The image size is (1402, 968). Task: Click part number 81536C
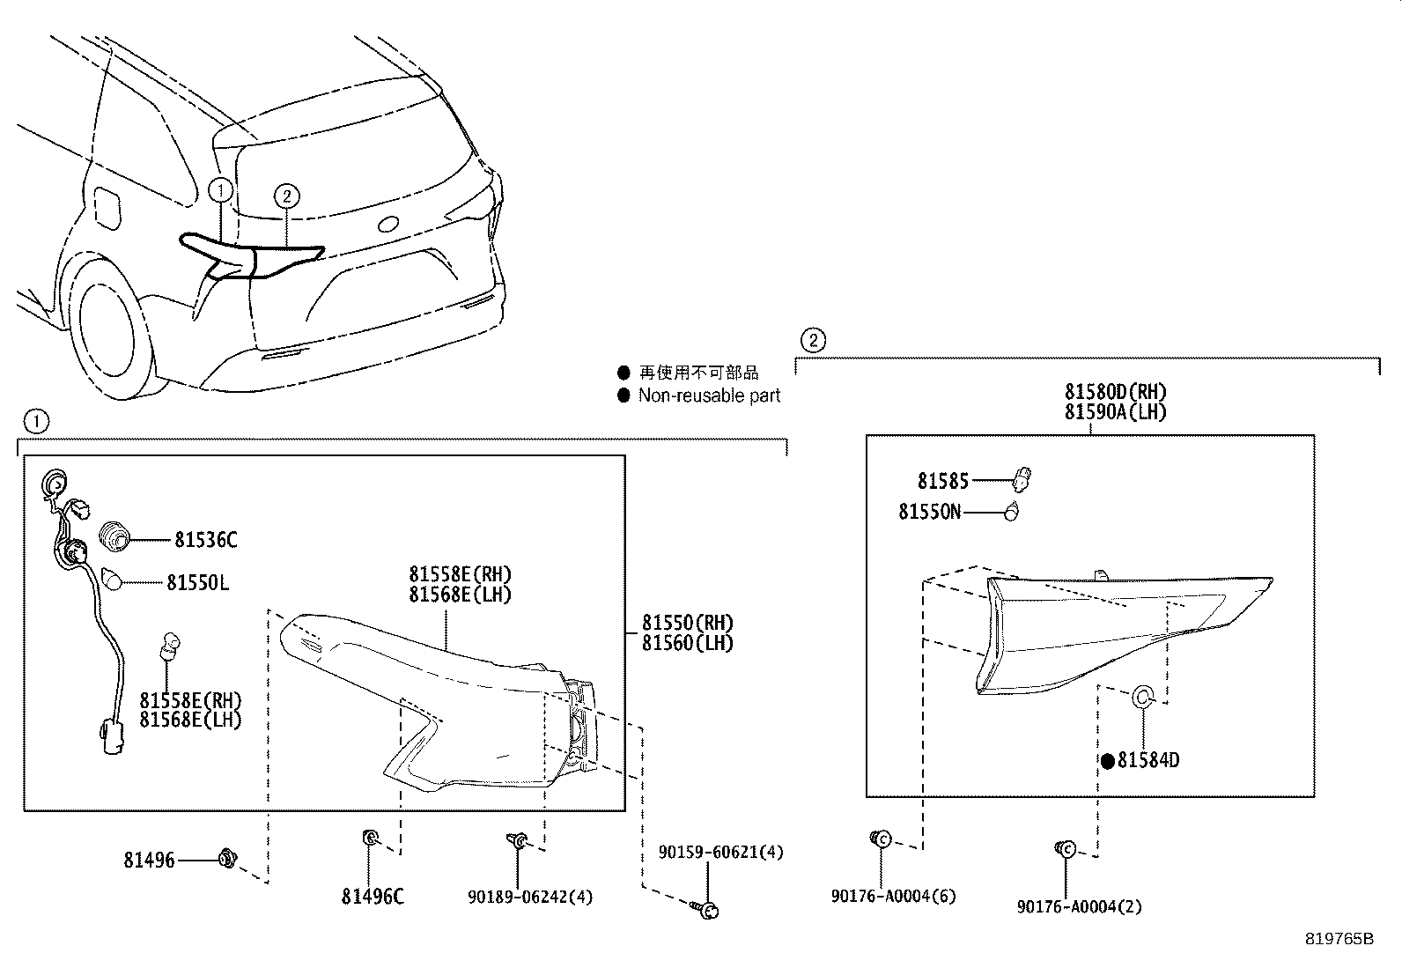[205, 540]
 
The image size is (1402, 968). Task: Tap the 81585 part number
[942, 481]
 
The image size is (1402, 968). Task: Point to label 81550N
[929, 512]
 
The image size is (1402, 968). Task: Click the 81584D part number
[1147, 760]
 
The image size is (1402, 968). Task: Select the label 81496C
[373, 897]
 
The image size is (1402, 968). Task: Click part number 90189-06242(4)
[530, 897]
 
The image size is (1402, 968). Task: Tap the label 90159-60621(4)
[720, 852]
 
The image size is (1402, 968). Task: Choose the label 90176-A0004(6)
[893, 897]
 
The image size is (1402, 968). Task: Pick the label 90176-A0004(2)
[1079, 906]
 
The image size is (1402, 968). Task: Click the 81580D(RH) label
[1115, 392]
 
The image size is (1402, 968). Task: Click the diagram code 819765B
[1339, 939]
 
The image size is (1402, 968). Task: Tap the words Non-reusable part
[709, 396]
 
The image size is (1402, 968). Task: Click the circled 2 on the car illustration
[286, 196]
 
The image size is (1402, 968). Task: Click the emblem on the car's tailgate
[389, 224]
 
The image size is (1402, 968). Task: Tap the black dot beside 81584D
[1107, 761]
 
